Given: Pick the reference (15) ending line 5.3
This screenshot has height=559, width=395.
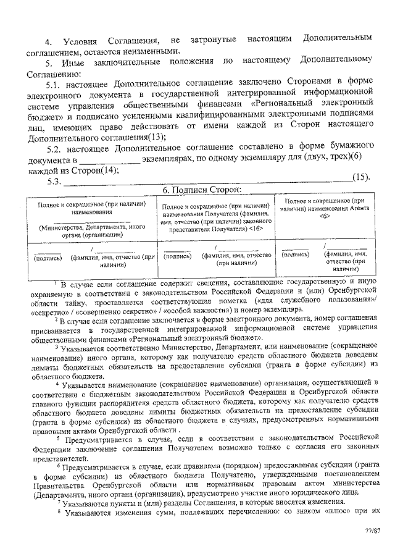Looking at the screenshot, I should pyautogui.click(x=360, y=179).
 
